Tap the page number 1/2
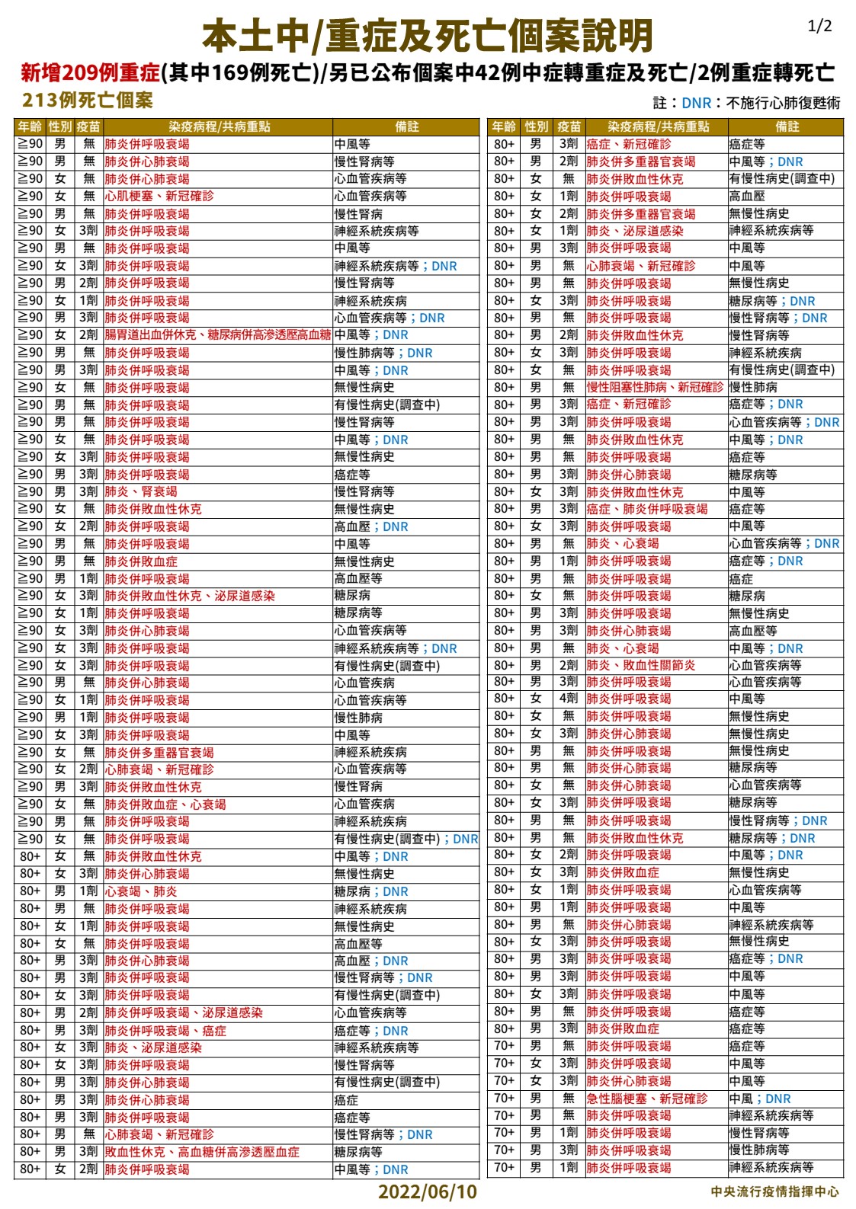click(819, 27)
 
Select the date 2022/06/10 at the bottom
click(427, 1191)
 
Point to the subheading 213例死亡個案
click(88, 101)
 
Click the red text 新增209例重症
click(90, 73)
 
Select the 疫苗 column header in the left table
click(88, 126)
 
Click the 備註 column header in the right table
click(787, 126)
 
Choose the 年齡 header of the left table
click(30, 126)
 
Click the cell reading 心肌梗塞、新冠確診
click(159, 196)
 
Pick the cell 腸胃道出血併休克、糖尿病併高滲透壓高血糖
click(217, 335)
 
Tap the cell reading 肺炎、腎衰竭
click(141, 491)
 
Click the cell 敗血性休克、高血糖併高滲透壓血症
click(202, 1152)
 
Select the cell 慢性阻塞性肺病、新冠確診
click(655, 387)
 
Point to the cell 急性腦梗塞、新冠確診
click(647, 1099)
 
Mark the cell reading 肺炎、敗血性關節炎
click(641, 665)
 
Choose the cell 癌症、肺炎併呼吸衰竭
click(647, 509)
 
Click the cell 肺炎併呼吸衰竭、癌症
click(165, 1031)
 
